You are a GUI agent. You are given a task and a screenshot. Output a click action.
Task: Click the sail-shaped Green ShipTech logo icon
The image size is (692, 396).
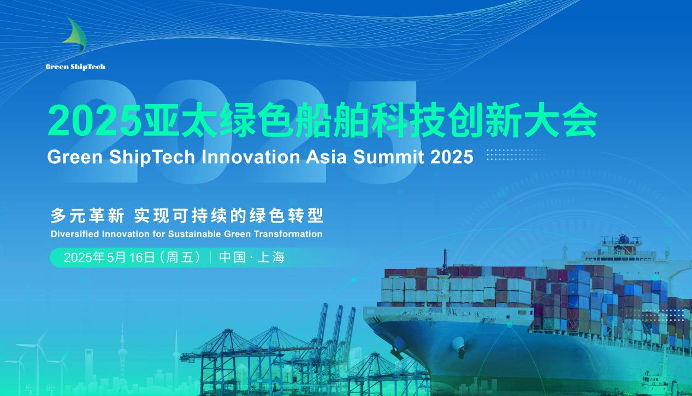click(75, 35)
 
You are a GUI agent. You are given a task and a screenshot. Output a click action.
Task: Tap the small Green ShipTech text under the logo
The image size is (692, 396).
click(75, 67)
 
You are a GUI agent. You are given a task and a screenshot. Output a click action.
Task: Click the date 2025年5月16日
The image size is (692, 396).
click(110, 257)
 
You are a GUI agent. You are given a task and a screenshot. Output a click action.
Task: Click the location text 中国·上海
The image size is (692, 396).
click(252, 257)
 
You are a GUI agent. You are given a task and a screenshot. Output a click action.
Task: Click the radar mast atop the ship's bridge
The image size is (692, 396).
click(622, 240)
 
